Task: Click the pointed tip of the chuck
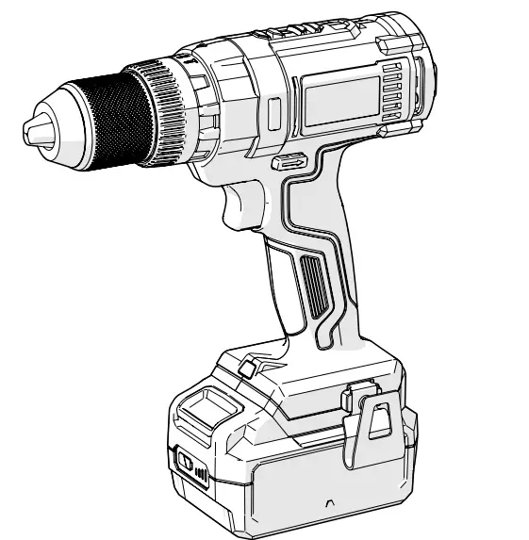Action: [x=28, y=130]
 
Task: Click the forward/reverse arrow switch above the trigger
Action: [x=289, y=162]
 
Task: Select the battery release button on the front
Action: [x=186, y=465]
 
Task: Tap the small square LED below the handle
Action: [x=248, y=366]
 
